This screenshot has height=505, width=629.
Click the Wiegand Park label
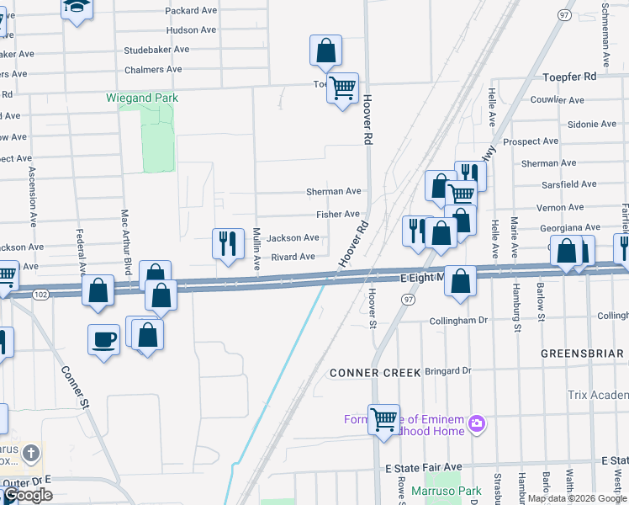(142, 98)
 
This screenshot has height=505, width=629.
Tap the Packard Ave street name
(193, 10)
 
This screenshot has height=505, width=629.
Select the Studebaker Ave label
(156, 50)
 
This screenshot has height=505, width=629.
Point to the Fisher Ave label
(337, 215)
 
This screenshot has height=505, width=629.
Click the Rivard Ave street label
(293, 257)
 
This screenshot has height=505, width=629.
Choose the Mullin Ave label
(256, 249)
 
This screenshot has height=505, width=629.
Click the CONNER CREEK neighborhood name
(369, 372)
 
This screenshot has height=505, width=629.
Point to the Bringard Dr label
(447, 370)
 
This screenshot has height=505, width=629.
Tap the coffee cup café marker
(103, 339)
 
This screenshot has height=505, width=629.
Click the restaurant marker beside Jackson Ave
(226, 243)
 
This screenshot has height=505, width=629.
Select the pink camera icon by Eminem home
(477, 422)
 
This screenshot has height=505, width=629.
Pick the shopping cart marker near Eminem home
(383, 417)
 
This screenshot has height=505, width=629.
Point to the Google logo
(29, 495)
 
